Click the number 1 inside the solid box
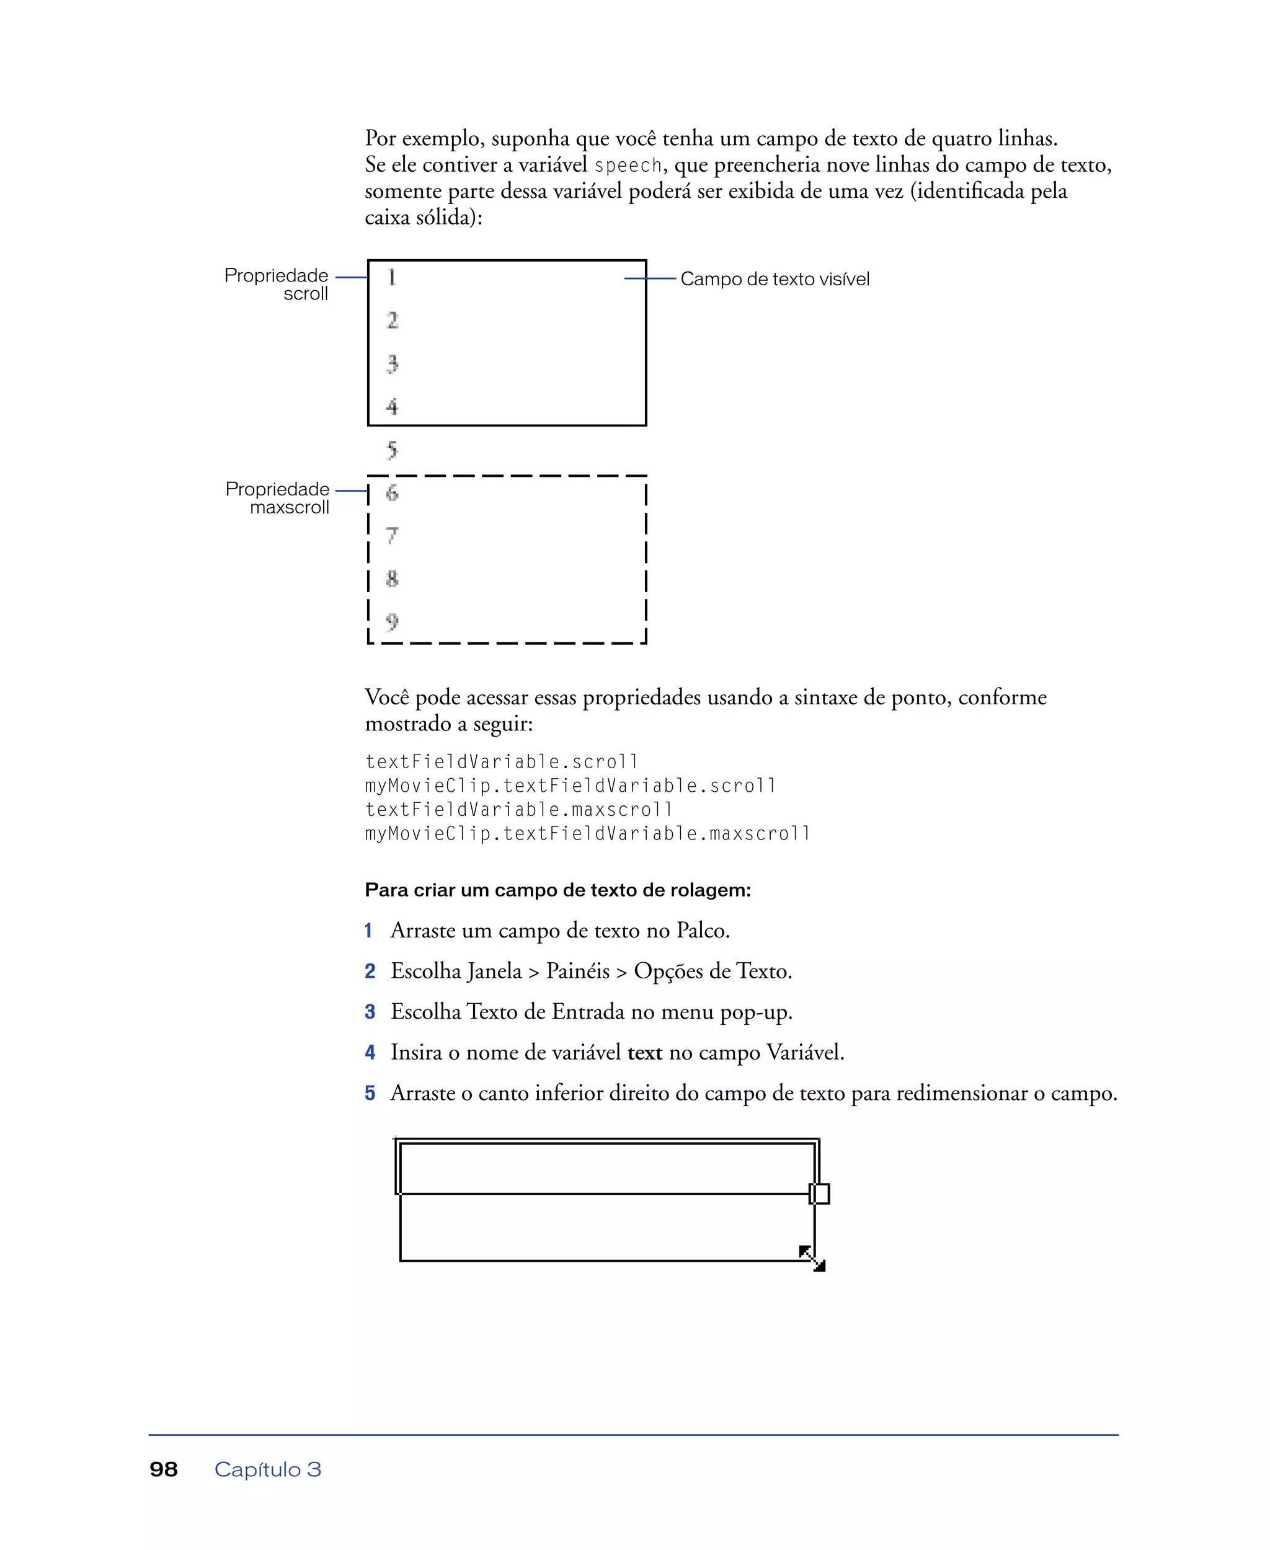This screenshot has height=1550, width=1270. pos(392,277)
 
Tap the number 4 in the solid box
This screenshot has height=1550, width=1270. pos(392,407)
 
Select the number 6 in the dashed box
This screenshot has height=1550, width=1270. pos(392,492)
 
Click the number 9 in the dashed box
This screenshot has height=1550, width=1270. pos(392,622)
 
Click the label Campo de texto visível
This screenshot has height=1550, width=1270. pos(774,279)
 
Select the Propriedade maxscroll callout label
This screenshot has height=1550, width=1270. pos(278,497)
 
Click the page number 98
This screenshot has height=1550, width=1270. pos(163,1469)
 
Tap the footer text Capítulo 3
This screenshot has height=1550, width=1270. pos(267,1469)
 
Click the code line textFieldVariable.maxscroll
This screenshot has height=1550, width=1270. pos(518,810)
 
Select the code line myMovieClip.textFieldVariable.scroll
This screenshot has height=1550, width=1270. pos(570,786)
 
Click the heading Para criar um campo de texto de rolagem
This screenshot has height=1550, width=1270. pos(557,890)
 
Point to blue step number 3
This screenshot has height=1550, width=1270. pos(370,1012)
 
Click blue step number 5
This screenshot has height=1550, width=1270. pos(370,1093)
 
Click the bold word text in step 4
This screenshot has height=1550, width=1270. pos(644,1053)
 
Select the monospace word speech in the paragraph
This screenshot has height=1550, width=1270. pos(628,166)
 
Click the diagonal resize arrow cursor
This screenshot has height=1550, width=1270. pos(812,1259)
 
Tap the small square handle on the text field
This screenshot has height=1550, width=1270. pos(819,1193)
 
